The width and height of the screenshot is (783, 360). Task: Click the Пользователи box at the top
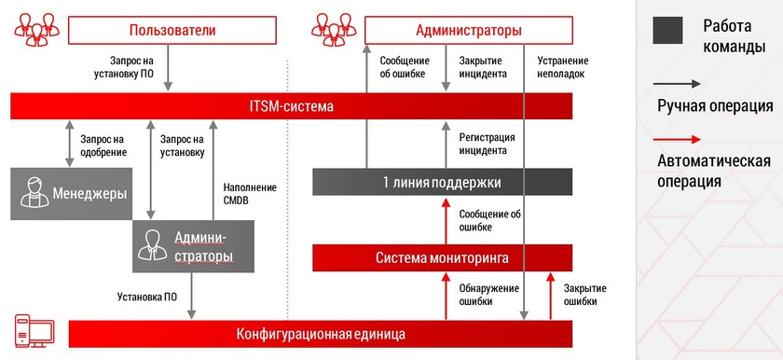(172, 31)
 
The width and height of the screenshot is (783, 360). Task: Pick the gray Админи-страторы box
(192, 246)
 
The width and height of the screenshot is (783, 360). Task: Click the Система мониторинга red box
(442, 257)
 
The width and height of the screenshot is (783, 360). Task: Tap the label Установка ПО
(147, 298)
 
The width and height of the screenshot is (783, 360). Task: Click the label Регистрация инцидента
(483, 144)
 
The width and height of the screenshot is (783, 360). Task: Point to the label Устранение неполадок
(561, 67)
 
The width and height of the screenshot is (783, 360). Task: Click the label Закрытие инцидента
(483, 67)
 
